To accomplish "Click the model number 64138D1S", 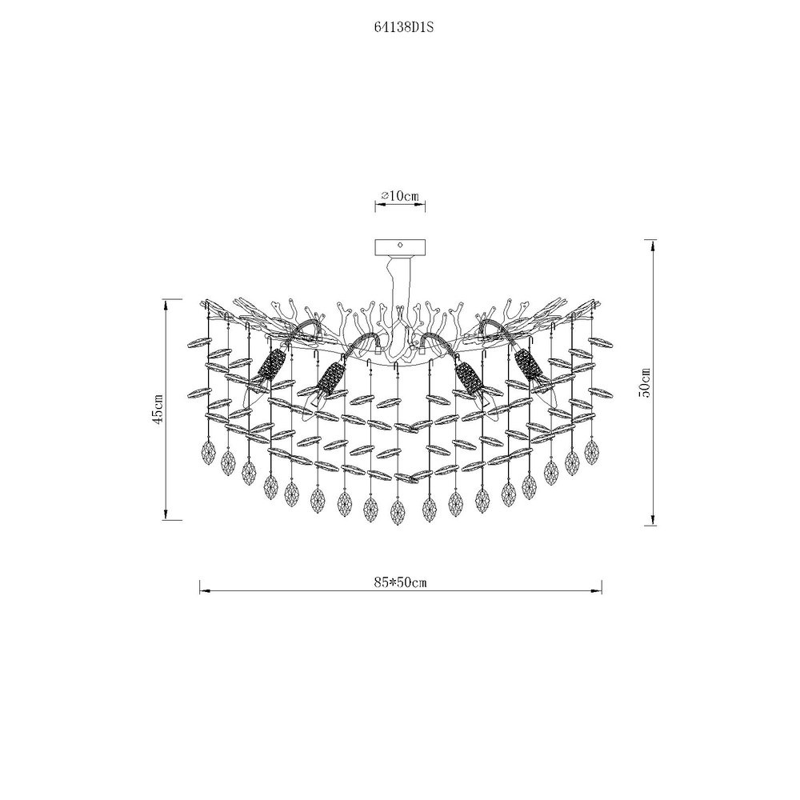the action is click(403, 28).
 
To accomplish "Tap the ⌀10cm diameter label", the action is click(400, 196).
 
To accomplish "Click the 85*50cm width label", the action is click(400, 582).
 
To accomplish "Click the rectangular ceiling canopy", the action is click(400, 247).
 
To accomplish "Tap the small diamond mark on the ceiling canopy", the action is click(400, 245).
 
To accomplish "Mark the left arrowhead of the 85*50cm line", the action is click(205, 591).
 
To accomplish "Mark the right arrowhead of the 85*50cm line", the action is click(597, 591).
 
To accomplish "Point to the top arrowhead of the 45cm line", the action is click(166, 305).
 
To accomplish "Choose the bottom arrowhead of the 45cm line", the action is click(166, 514).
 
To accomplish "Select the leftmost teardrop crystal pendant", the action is click(207, 453).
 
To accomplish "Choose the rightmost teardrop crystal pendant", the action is click(592, 452).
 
